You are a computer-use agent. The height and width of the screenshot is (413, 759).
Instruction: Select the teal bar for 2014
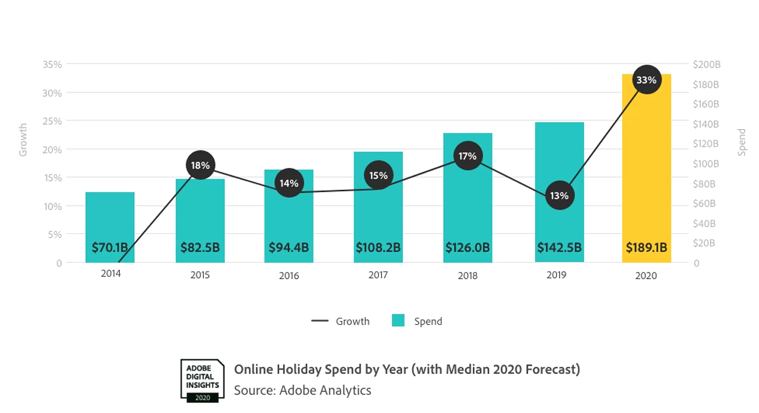coord(110,219)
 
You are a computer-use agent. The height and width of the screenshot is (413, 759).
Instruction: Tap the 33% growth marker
coord(646,80)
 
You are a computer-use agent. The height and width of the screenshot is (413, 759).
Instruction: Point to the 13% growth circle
coord(559,196)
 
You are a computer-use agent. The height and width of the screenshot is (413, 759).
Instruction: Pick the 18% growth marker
coord(200,165)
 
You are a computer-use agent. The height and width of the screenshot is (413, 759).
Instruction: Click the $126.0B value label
coord(467,247)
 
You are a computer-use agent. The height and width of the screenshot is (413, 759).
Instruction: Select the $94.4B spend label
coord(289,247)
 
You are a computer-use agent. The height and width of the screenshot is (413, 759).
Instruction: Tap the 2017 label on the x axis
coord(378,275)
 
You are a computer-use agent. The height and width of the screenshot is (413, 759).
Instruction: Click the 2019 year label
coord(556,275)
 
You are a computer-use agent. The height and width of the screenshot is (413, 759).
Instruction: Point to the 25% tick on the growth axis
coord(52,121)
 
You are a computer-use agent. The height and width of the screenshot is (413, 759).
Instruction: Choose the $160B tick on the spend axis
coord(706,104)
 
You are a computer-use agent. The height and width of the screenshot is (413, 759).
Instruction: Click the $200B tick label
coord(706,64)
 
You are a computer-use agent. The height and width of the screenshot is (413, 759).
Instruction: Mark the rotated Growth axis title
coord(23,140)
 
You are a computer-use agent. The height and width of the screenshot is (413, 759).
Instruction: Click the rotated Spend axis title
coord(741,142)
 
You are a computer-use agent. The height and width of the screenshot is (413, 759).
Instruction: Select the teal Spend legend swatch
coord(398,320)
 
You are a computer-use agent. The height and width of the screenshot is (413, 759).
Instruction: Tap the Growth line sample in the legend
coord(320,321)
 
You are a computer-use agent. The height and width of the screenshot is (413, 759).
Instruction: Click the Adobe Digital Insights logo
coord(202,380)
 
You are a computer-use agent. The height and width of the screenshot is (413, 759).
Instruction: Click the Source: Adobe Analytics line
coord(302,390)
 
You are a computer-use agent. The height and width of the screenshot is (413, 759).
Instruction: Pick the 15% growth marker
coord(378,175)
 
